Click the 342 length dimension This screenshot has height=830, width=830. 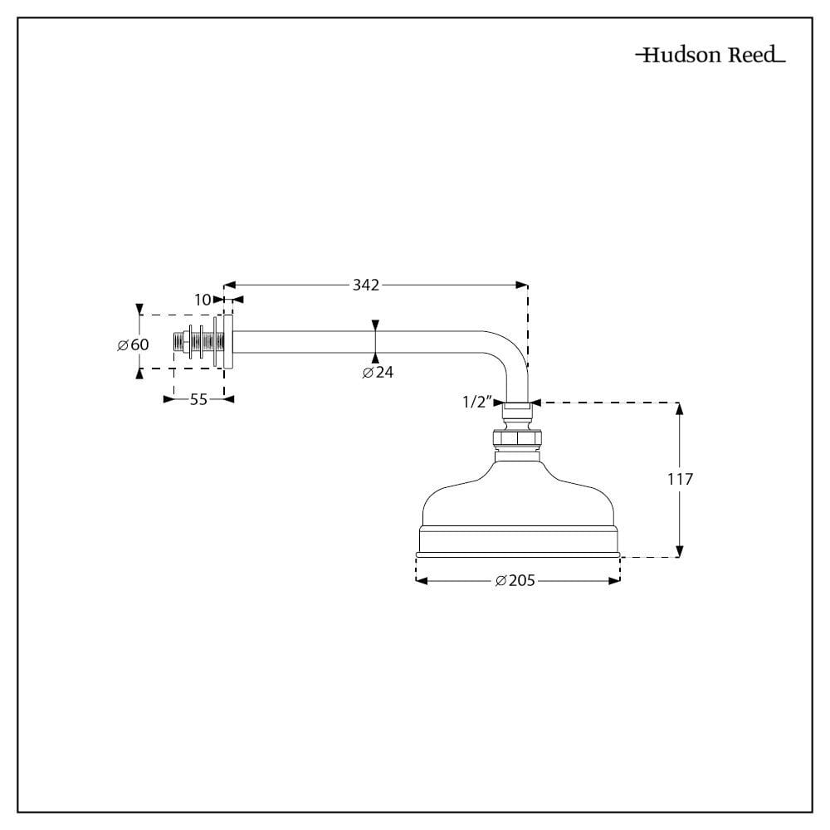pos(365,285)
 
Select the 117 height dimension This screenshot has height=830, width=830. pos(679,479)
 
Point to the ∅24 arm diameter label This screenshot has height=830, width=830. pos(378,373)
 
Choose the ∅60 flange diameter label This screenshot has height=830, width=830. pos(133,344)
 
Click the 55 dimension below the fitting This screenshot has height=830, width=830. pos(198,399)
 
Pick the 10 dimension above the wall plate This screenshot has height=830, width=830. pos(203,300)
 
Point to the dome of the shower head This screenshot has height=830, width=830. pos(518,494)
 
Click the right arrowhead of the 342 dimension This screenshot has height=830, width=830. pos(522,285)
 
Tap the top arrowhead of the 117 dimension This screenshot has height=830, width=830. pos(680,408)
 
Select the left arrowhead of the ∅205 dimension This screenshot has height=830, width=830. pos(420,581)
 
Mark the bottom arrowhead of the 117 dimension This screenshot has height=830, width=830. pos(680,551)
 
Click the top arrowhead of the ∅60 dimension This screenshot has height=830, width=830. pos(139,308)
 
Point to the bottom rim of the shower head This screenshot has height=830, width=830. pos(518,554)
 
